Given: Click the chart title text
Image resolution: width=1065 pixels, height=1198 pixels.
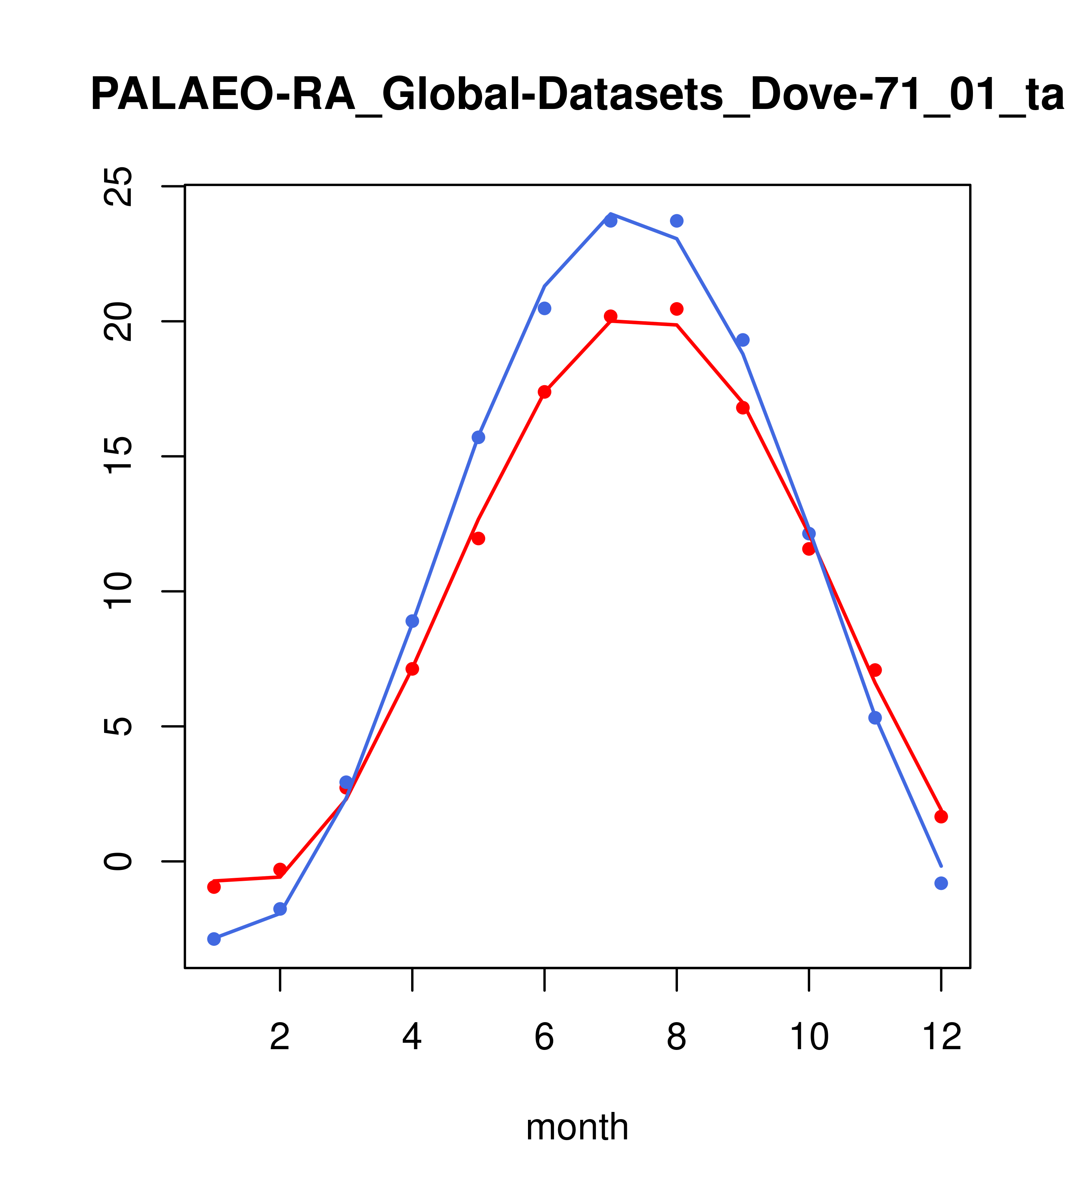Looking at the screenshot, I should click(x=577, y=95).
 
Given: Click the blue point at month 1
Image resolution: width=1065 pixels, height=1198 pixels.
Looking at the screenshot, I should click(x=214, y=939).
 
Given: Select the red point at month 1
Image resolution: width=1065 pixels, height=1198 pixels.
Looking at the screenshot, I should click(x=214, y=887).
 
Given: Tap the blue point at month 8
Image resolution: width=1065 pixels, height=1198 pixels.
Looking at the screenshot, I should click(x=676, y=221).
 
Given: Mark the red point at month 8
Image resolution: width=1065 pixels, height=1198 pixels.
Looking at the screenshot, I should click(x=676, y=309).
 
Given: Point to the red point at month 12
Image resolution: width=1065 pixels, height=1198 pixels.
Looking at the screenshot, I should click(x=941, y=817).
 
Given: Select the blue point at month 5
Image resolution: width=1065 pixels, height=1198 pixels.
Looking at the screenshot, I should click(x=478, y=437).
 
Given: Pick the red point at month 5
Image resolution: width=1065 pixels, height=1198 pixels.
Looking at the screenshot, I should click(x=478, y=538).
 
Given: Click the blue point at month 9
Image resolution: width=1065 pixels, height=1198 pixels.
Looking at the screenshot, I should click(x=743, y=340).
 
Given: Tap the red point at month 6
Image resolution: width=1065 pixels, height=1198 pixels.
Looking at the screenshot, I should click(x=545, y=392).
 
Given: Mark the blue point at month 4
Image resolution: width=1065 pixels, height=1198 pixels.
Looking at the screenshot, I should click(x=412, y=621).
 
